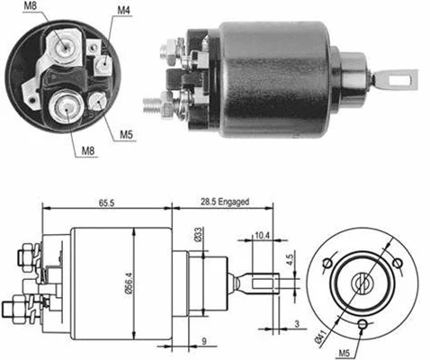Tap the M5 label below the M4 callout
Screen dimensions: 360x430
click(127, 136)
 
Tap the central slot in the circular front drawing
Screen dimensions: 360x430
click(363, 281)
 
